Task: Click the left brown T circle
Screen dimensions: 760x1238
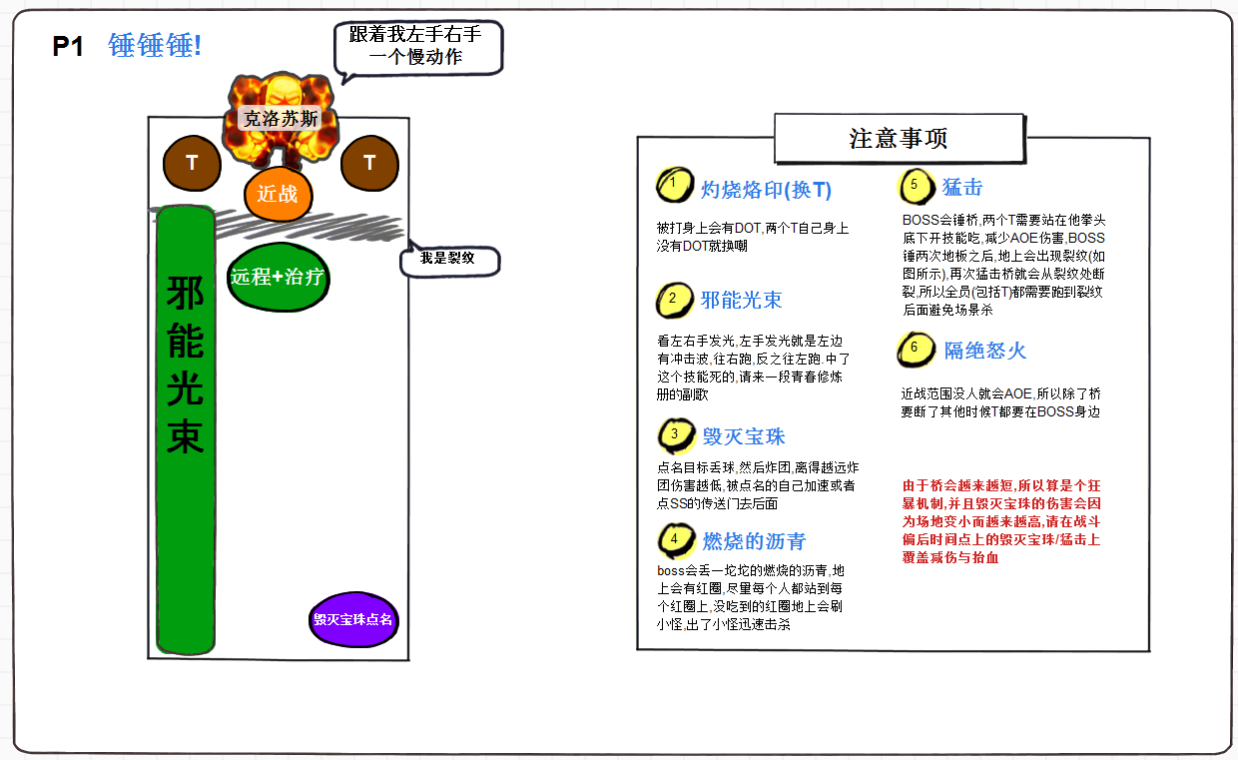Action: [192, 163]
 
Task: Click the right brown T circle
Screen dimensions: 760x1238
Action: [369, 163]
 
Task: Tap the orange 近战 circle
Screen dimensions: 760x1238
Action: [278, 194]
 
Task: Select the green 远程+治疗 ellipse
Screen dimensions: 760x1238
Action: [278, 277]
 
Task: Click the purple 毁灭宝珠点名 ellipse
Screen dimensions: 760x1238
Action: [353, 619]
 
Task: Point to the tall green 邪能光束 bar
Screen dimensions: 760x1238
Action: [186, 429]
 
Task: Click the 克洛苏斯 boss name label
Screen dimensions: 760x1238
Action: [282, 118]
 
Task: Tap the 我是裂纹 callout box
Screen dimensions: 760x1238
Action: [448, 258]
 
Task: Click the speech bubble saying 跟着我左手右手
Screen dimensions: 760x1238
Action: [416, 46]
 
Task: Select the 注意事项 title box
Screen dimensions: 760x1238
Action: [899, 138]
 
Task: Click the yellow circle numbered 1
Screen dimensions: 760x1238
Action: [674, 184]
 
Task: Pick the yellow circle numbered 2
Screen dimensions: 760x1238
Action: [674, 299]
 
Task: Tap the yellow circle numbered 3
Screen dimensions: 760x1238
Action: [675, 434]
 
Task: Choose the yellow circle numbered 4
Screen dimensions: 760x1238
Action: [675, 539]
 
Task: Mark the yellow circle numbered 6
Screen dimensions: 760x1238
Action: [915, 350]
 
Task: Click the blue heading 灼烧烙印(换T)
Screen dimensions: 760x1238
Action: [766, 190]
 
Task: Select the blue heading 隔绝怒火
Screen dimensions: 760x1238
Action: [984, 351]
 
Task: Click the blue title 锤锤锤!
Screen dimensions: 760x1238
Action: [155, 46]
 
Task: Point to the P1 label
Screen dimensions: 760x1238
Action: [68, 47]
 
